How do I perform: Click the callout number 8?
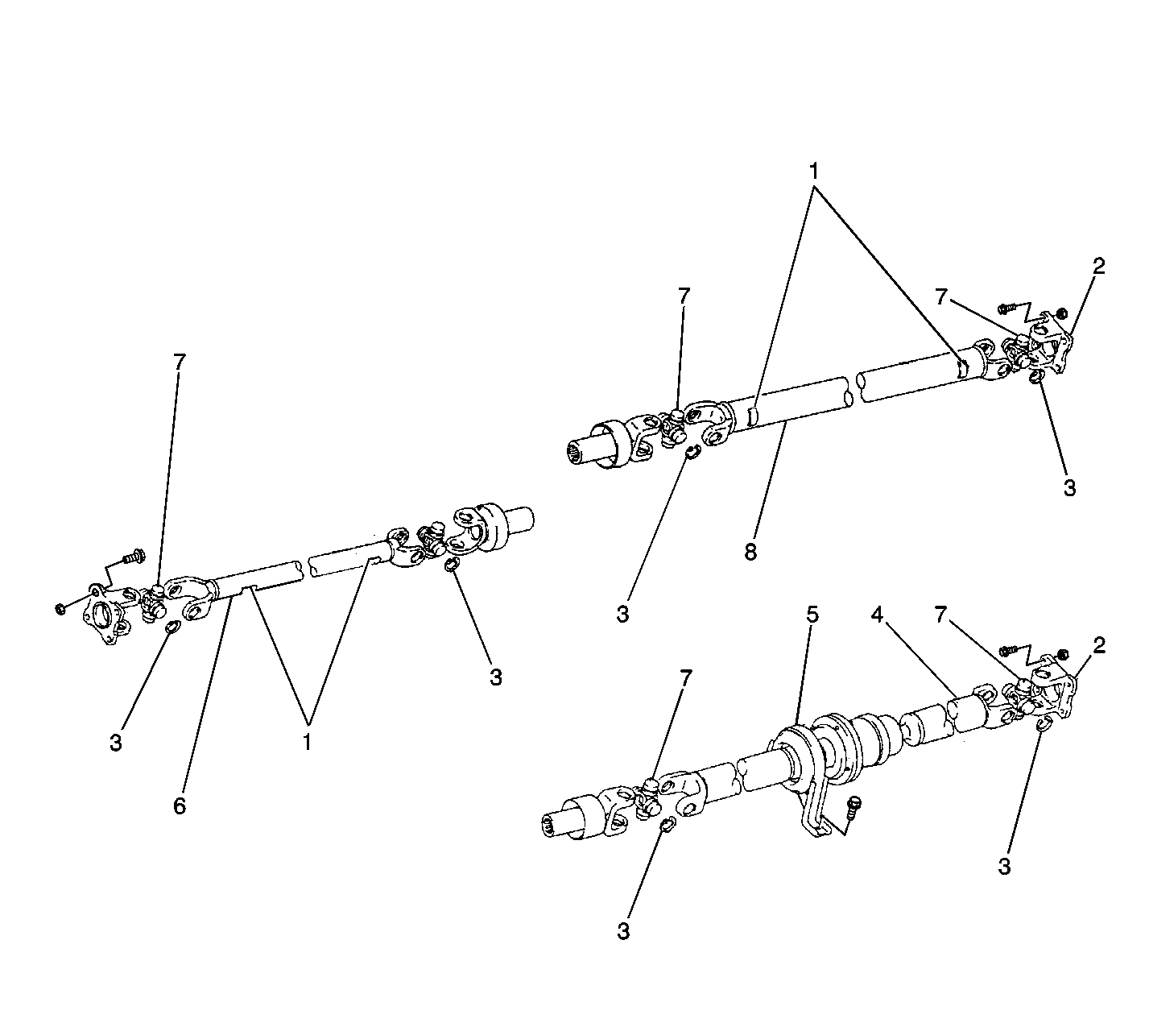(750, 551)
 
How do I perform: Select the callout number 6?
(180, 805)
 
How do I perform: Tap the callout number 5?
(812, 615)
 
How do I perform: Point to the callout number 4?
(878, 615)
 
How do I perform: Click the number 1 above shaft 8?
(814, 171)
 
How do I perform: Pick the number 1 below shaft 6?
(307, 741)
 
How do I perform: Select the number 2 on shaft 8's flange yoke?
(1098, 266)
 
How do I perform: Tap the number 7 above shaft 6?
(180, 362)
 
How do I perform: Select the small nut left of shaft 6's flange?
(60, 610)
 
